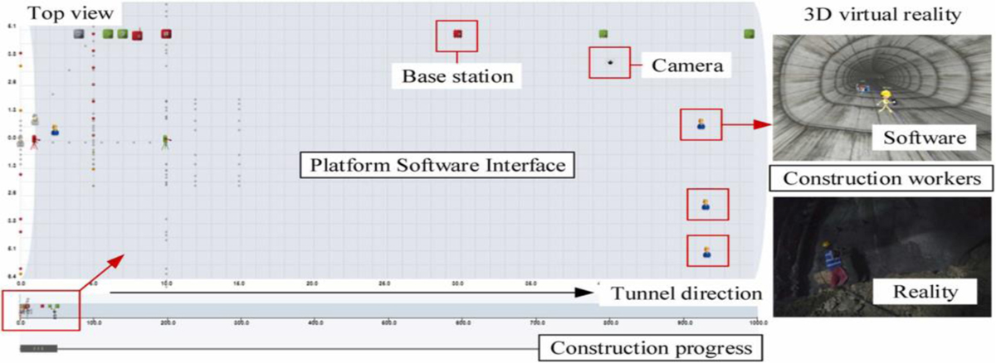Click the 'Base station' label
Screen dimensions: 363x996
pos(457,76)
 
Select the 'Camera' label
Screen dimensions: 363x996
pos(685,63)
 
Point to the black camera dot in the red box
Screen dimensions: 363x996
pos(609,63)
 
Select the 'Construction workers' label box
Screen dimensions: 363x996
pos(882,177)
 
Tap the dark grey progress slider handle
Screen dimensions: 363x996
pos(38,349)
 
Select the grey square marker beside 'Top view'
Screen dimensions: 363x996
pos(78,33)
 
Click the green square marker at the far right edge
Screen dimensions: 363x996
pos(749,33)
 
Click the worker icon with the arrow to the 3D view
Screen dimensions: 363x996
pos(701,125)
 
